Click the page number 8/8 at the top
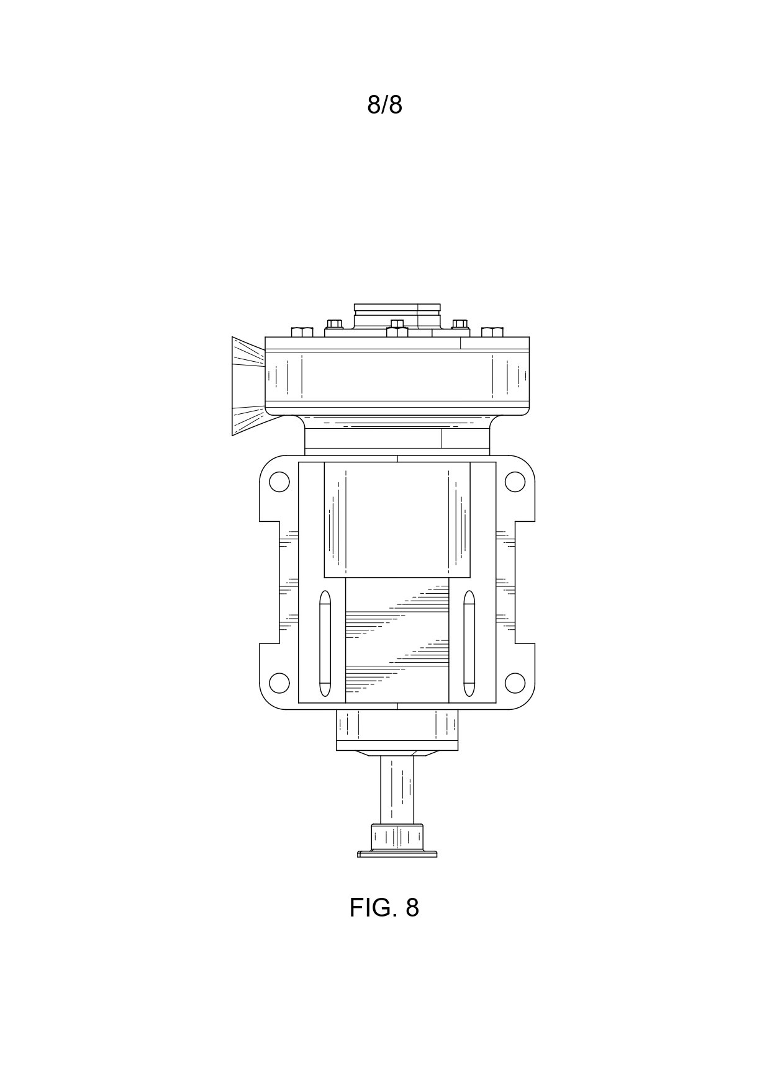384,105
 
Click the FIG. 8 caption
384,908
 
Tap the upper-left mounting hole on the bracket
279,482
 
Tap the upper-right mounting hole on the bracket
515,482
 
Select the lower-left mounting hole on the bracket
279,683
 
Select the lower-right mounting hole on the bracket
515,683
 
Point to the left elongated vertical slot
325,643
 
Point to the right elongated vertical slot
469,643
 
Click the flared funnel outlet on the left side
248,386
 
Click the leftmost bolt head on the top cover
302,332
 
